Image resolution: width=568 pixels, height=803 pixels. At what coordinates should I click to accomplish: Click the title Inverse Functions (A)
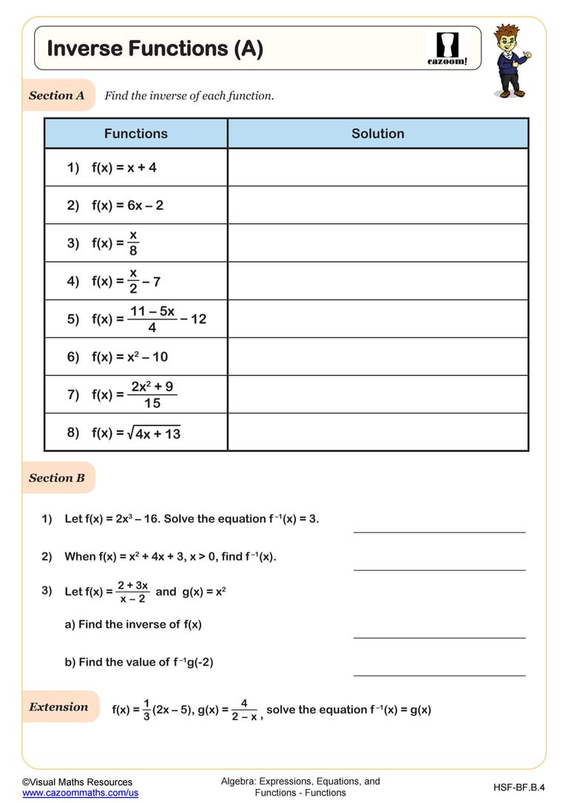tap(155, 49)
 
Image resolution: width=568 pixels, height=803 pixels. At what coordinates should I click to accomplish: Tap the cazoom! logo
tap(447, 49)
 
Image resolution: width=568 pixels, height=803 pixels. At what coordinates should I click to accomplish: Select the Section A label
tap(57, 95)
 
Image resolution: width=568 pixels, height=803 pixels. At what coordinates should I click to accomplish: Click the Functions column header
tap(135, 134)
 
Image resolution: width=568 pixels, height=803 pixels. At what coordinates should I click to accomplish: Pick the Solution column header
tap(378, 134)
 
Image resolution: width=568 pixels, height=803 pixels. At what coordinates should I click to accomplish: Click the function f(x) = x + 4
tap(124, 168)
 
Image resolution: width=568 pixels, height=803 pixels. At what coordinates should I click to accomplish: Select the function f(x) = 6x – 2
tap(127, 206)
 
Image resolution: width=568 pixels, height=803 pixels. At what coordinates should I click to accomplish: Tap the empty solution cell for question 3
tap(378, 243)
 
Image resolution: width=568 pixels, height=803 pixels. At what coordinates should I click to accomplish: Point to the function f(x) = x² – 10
tap(129, 357)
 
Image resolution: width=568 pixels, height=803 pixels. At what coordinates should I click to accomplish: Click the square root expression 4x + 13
tap(155, 434)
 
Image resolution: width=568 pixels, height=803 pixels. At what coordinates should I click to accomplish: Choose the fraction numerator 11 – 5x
tap(152, 311)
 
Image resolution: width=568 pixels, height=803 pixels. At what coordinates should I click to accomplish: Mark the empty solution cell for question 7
tap(378, 395)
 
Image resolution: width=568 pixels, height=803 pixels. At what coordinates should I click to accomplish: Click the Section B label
tap(57, 478)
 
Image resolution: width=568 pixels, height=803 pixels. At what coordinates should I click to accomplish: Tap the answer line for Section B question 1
tap(439, 531)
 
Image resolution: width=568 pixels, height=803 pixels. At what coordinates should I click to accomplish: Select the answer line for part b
tap(439, 674)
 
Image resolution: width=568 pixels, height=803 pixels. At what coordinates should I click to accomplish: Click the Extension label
tap(58, 707)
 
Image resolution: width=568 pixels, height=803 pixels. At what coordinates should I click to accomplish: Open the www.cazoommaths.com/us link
tap(80, 793)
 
